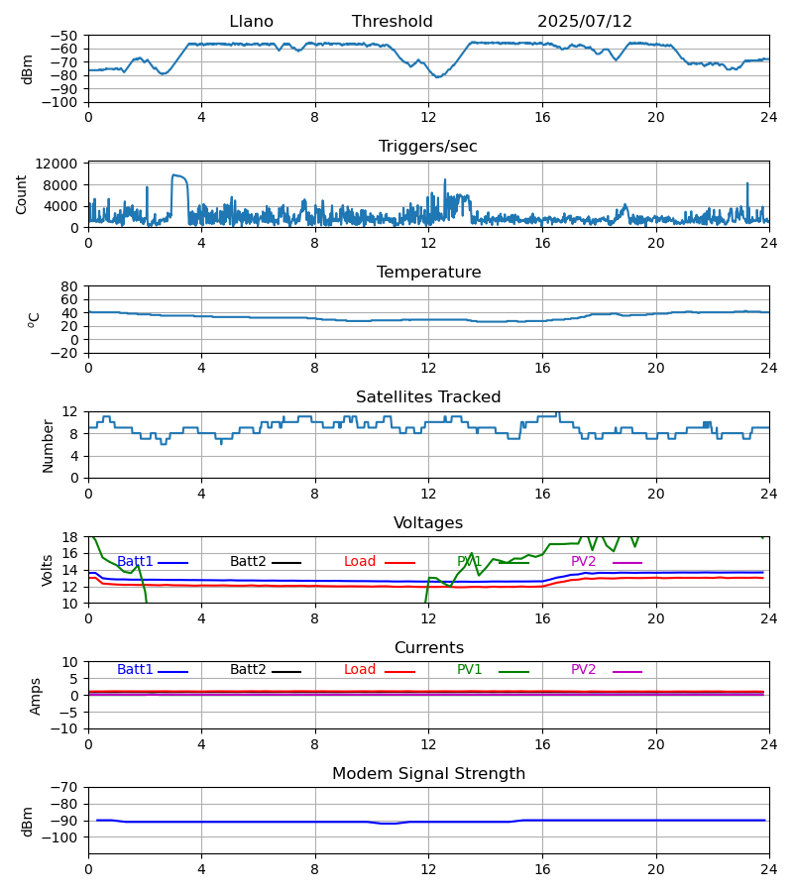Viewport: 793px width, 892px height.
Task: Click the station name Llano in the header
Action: pos(251,22)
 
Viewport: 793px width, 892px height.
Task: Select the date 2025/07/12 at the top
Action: pos(584,22)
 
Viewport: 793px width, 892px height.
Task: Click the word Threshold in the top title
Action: pos(392,22)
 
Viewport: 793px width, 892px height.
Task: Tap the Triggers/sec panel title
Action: pos(428,147)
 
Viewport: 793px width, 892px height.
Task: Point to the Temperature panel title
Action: pos(428,273)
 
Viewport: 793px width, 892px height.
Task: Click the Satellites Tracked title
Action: pos(428,397)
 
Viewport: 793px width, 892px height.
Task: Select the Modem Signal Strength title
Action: pos(428,774)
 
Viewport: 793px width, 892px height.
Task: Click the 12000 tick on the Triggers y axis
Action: pos(57,164)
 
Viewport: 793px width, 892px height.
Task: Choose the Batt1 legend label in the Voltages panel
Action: pos(135,562)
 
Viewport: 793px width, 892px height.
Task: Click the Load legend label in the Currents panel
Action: pos(360,670)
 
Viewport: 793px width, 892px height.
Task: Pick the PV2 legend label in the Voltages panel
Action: pos(583,562)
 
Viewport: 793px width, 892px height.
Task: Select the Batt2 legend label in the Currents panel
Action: pos(248,670)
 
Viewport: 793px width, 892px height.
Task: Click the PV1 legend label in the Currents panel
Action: pos(469,670)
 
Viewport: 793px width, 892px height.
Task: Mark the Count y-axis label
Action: pos(21,194)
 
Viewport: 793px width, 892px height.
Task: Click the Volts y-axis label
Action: pos(47,570)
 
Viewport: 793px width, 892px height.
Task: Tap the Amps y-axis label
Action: pos(36,696)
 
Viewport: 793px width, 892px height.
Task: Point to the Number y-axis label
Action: pos(48,446)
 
